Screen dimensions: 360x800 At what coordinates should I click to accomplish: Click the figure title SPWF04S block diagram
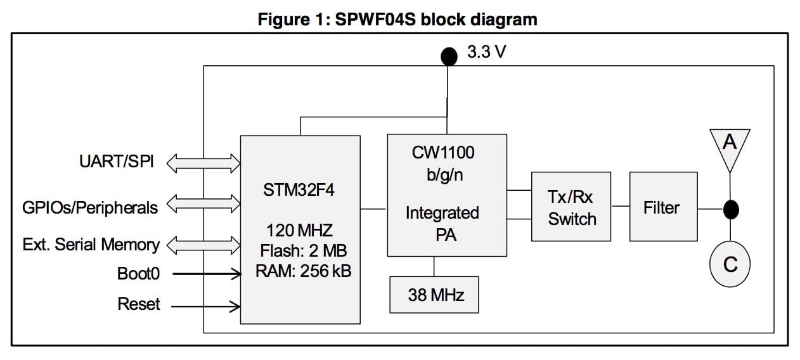(x=397, y=19)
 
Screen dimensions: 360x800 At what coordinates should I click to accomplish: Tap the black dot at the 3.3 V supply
(x=449, y=56)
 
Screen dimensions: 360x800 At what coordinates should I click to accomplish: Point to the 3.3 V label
(x=487, y=53)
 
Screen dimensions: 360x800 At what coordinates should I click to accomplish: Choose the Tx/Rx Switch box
(x=571, y=206)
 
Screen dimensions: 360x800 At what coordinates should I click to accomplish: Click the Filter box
(x=662, y=207)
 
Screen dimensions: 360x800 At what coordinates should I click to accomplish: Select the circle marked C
(x=730, y=264)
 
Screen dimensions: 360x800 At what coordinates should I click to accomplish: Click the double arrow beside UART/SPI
(x=203, y=163)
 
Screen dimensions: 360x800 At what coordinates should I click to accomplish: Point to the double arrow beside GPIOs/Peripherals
(x=203, y=204)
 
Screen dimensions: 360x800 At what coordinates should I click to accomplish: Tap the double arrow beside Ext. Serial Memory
(x=203, y=245)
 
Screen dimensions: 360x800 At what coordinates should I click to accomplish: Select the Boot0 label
(x=139, y=274)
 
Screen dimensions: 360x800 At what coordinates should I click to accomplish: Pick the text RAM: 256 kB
(x=303, y=271)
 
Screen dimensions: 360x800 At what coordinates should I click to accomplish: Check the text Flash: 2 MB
(x=303, y=250)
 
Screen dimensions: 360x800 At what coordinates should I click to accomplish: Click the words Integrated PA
(x=442, y=223)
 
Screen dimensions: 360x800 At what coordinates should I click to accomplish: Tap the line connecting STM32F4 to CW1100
(x=374, y=207)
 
